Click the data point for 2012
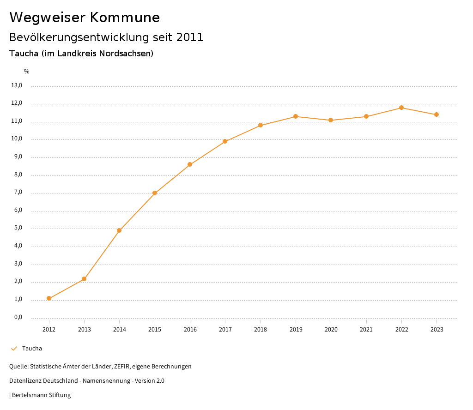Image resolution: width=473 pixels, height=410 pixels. point(49,298)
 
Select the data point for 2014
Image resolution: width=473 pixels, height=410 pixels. point(119,230)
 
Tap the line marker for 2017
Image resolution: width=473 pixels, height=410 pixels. point(225,141)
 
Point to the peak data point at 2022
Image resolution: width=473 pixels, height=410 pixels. point(401,108)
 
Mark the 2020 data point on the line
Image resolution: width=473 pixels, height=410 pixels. point(331,120)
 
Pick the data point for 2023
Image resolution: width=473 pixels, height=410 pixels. point(437,115)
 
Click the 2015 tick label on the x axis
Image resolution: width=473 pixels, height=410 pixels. point(155,330)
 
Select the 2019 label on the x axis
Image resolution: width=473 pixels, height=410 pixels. point(296,330)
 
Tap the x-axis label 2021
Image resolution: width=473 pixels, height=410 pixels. point(366,330)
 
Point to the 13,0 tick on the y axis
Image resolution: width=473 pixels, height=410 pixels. point(17,85)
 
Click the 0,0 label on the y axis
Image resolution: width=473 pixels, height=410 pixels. point(18,318)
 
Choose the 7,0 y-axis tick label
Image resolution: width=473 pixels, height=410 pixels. point(18,193)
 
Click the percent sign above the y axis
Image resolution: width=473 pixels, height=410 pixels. point(27,72)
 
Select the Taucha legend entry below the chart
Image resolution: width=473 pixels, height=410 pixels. point(32,349)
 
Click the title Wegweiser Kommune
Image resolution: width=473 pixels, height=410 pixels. point(85,18)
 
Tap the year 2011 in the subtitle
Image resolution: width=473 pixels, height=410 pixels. point(190,37)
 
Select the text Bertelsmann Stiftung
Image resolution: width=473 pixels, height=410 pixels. point(41,395)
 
